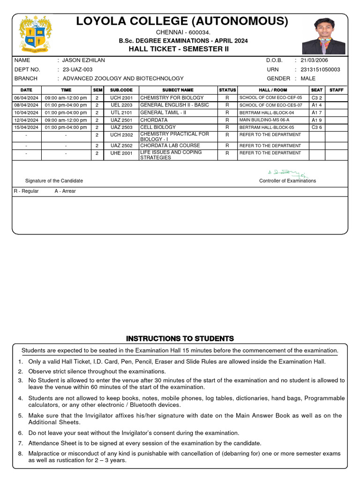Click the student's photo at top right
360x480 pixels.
[323, 36]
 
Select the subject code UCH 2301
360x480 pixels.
[121, 98]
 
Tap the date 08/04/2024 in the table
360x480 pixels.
[26, 105]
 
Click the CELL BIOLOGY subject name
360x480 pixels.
[158, 127]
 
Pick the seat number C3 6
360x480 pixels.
[317, 127]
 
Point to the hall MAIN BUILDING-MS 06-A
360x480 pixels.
[264, 120]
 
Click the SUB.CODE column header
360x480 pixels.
[121, 90]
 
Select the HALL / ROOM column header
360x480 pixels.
[273, 90]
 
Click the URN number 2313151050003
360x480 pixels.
[321, 69]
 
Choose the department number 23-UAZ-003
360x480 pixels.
[77, 69]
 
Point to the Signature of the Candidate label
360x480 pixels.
[54, 181]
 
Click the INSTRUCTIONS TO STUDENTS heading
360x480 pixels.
[180, 338]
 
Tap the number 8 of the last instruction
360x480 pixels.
[20, 454]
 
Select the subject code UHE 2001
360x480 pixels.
[121, 153]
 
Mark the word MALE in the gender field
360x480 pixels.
[308, 78]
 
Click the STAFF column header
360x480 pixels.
[337, 90]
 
